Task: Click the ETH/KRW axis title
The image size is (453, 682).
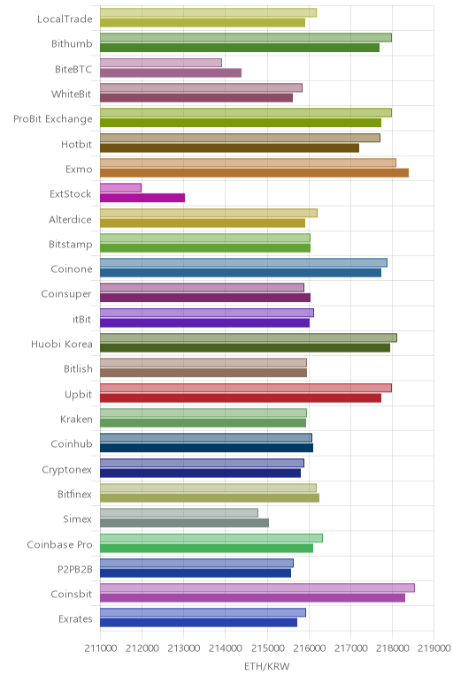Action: point(266,666)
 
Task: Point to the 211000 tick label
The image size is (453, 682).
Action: point(101,648)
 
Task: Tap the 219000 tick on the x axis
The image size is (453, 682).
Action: point(434,648)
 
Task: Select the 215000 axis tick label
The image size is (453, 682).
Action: point(267,648)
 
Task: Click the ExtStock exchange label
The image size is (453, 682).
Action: point(71,193)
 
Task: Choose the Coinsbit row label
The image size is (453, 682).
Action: point(72,594)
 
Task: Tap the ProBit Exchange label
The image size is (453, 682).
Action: point(53,118)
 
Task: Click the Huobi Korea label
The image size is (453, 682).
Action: point(61,344)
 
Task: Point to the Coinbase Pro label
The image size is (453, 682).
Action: point(59,544)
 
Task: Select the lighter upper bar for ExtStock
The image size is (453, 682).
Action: point(120,187)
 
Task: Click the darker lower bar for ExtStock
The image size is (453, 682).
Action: point(142,198)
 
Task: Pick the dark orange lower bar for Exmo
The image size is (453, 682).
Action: point(255,172)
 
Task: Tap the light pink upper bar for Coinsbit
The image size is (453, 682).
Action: point(257,587)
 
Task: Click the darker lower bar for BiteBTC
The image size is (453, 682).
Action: point(171,72)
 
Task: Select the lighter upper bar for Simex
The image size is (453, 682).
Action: point(179,512)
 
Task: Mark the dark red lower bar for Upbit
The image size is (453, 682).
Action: point(241,398)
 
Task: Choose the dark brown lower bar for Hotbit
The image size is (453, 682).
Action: point(229,148)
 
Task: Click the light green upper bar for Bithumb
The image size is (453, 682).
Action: point(246,37)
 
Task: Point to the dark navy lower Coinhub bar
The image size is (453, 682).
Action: point(206,448)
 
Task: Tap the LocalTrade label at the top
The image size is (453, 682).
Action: point(65,19)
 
